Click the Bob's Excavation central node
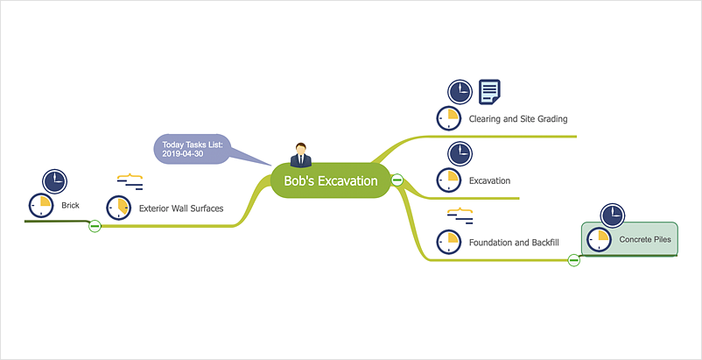coord(330,181)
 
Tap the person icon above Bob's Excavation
coord(301,154)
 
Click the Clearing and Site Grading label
coord(519,119)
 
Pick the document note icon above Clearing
coord(490,91)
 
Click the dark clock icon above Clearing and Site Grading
coord(460,91)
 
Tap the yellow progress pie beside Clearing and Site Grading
coord(448,119)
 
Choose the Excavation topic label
coord(489,180)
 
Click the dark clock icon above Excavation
coord(460,153)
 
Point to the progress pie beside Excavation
coord(448,180)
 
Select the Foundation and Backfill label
coord(512,242)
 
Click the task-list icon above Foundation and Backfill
coord(460,215)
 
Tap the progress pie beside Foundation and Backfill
coord(448,242)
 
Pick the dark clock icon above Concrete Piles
coord(613,215)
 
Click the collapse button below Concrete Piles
coord(574,259)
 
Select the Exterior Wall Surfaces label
coord(181,208)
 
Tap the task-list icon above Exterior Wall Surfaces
coord(130,181)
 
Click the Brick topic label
coord(70,206)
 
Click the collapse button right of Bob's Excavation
coord(397,180)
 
